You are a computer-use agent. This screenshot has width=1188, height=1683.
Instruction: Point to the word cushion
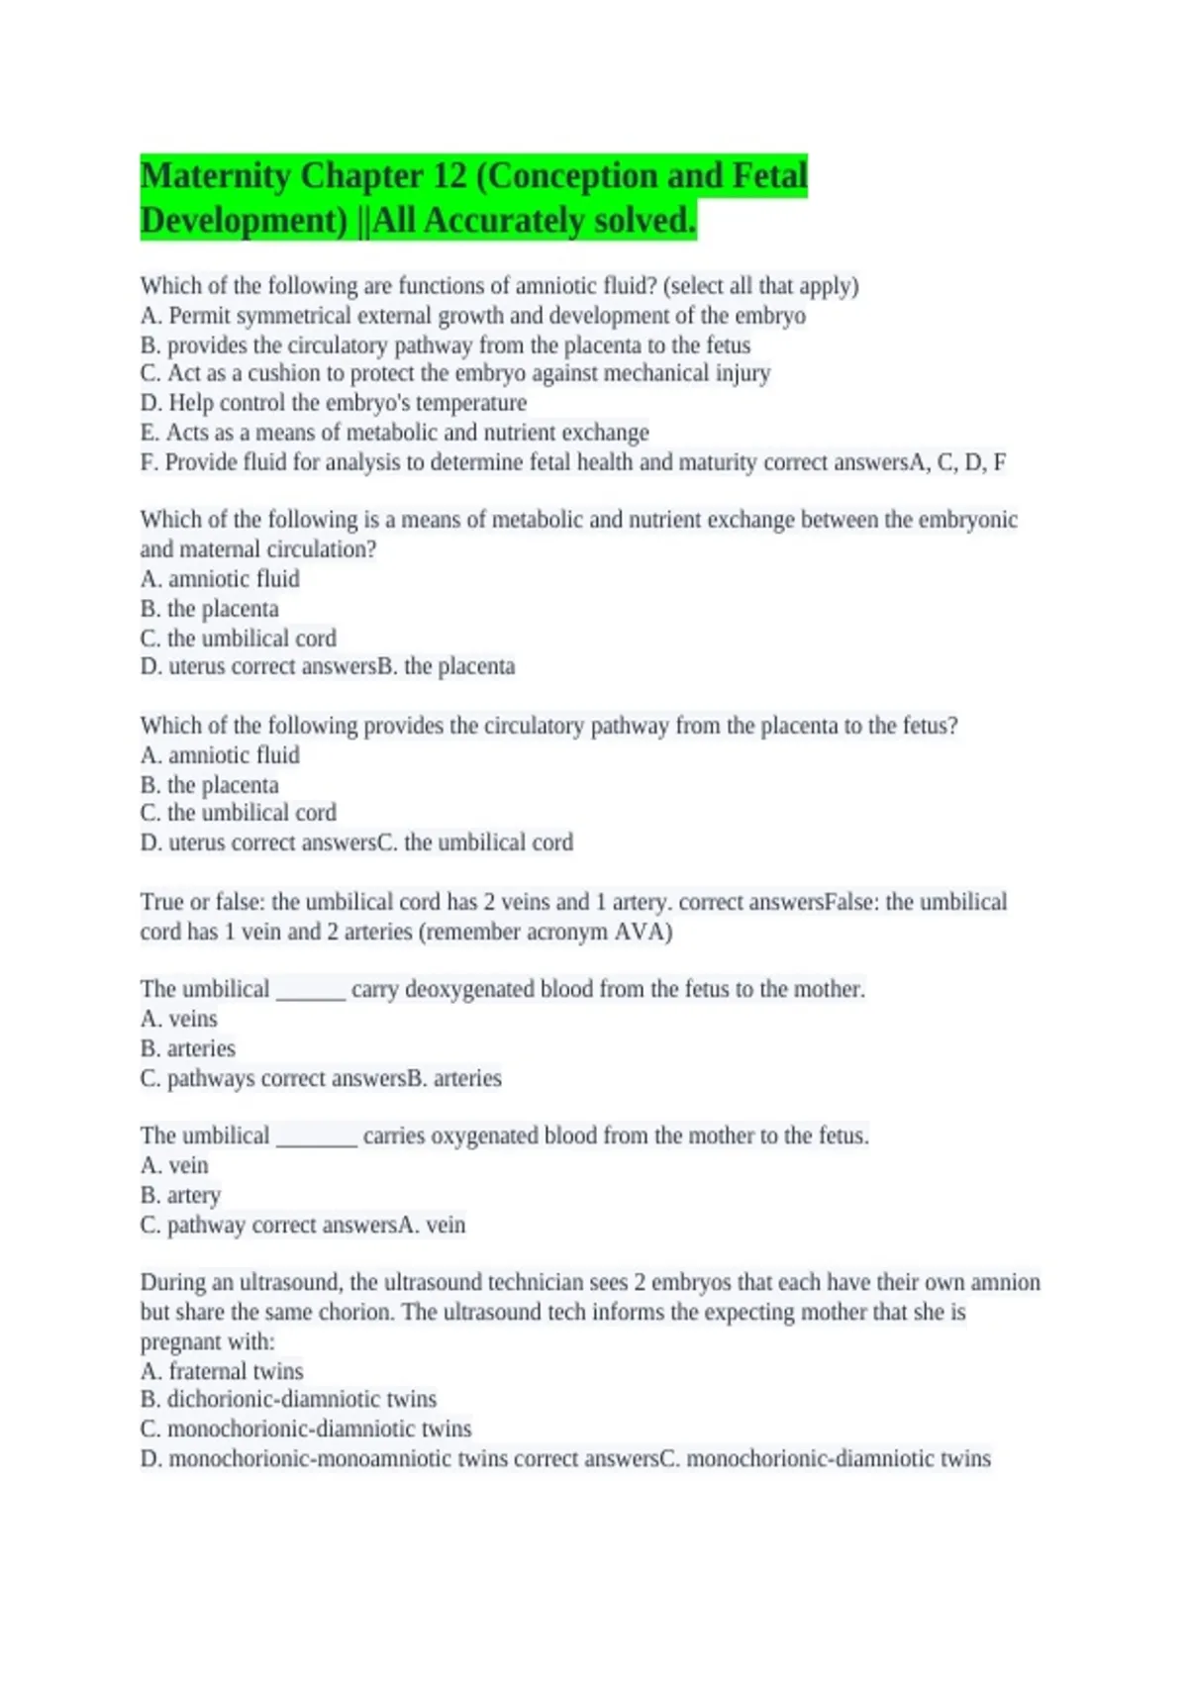287,373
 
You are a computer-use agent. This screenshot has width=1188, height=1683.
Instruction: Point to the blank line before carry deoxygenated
310,991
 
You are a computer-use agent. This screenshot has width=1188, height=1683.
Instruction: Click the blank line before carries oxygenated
316,1138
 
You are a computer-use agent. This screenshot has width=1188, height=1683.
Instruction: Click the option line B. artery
180,1195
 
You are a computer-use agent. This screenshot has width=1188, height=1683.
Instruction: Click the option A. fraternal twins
222,1371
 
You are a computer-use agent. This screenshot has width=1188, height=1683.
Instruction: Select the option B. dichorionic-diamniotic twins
288,1399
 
